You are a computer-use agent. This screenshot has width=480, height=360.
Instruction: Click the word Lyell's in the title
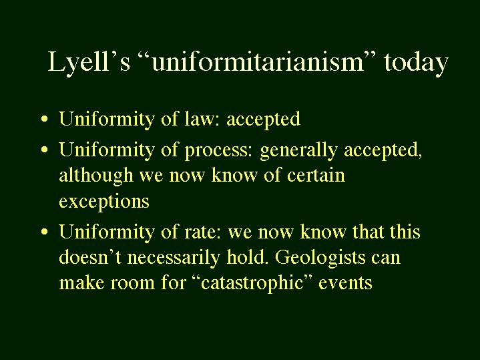pos(89,63)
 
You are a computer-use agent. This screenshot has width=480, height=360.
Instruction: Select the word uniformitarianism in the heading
pos(257,61)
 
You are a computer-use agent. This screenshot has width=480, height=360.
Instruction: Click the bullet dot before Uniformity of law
pos(45,119)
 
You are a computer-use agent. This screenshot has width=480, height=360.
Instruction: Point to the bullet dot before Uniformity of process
pos(45,150)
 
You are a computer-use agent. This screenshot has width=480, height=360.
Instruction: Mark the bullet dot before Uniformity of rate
pos(45,232)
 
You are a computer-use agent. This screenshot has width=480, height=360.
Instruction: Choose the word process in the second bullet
pos(218,151)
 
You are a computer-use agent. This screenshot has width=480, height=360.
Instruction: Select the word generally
pos(298,150)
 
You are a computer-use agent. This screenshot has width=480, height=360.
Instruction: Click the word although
pos(96,176)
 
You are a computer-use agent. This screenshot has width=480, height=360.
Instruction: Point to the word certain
pos(316,175)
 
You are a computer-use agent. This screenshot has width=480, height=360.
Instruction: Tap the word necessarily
pos(174,258)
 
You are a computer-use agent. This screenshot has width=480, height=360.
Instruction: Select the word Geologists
pos(320,258)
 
